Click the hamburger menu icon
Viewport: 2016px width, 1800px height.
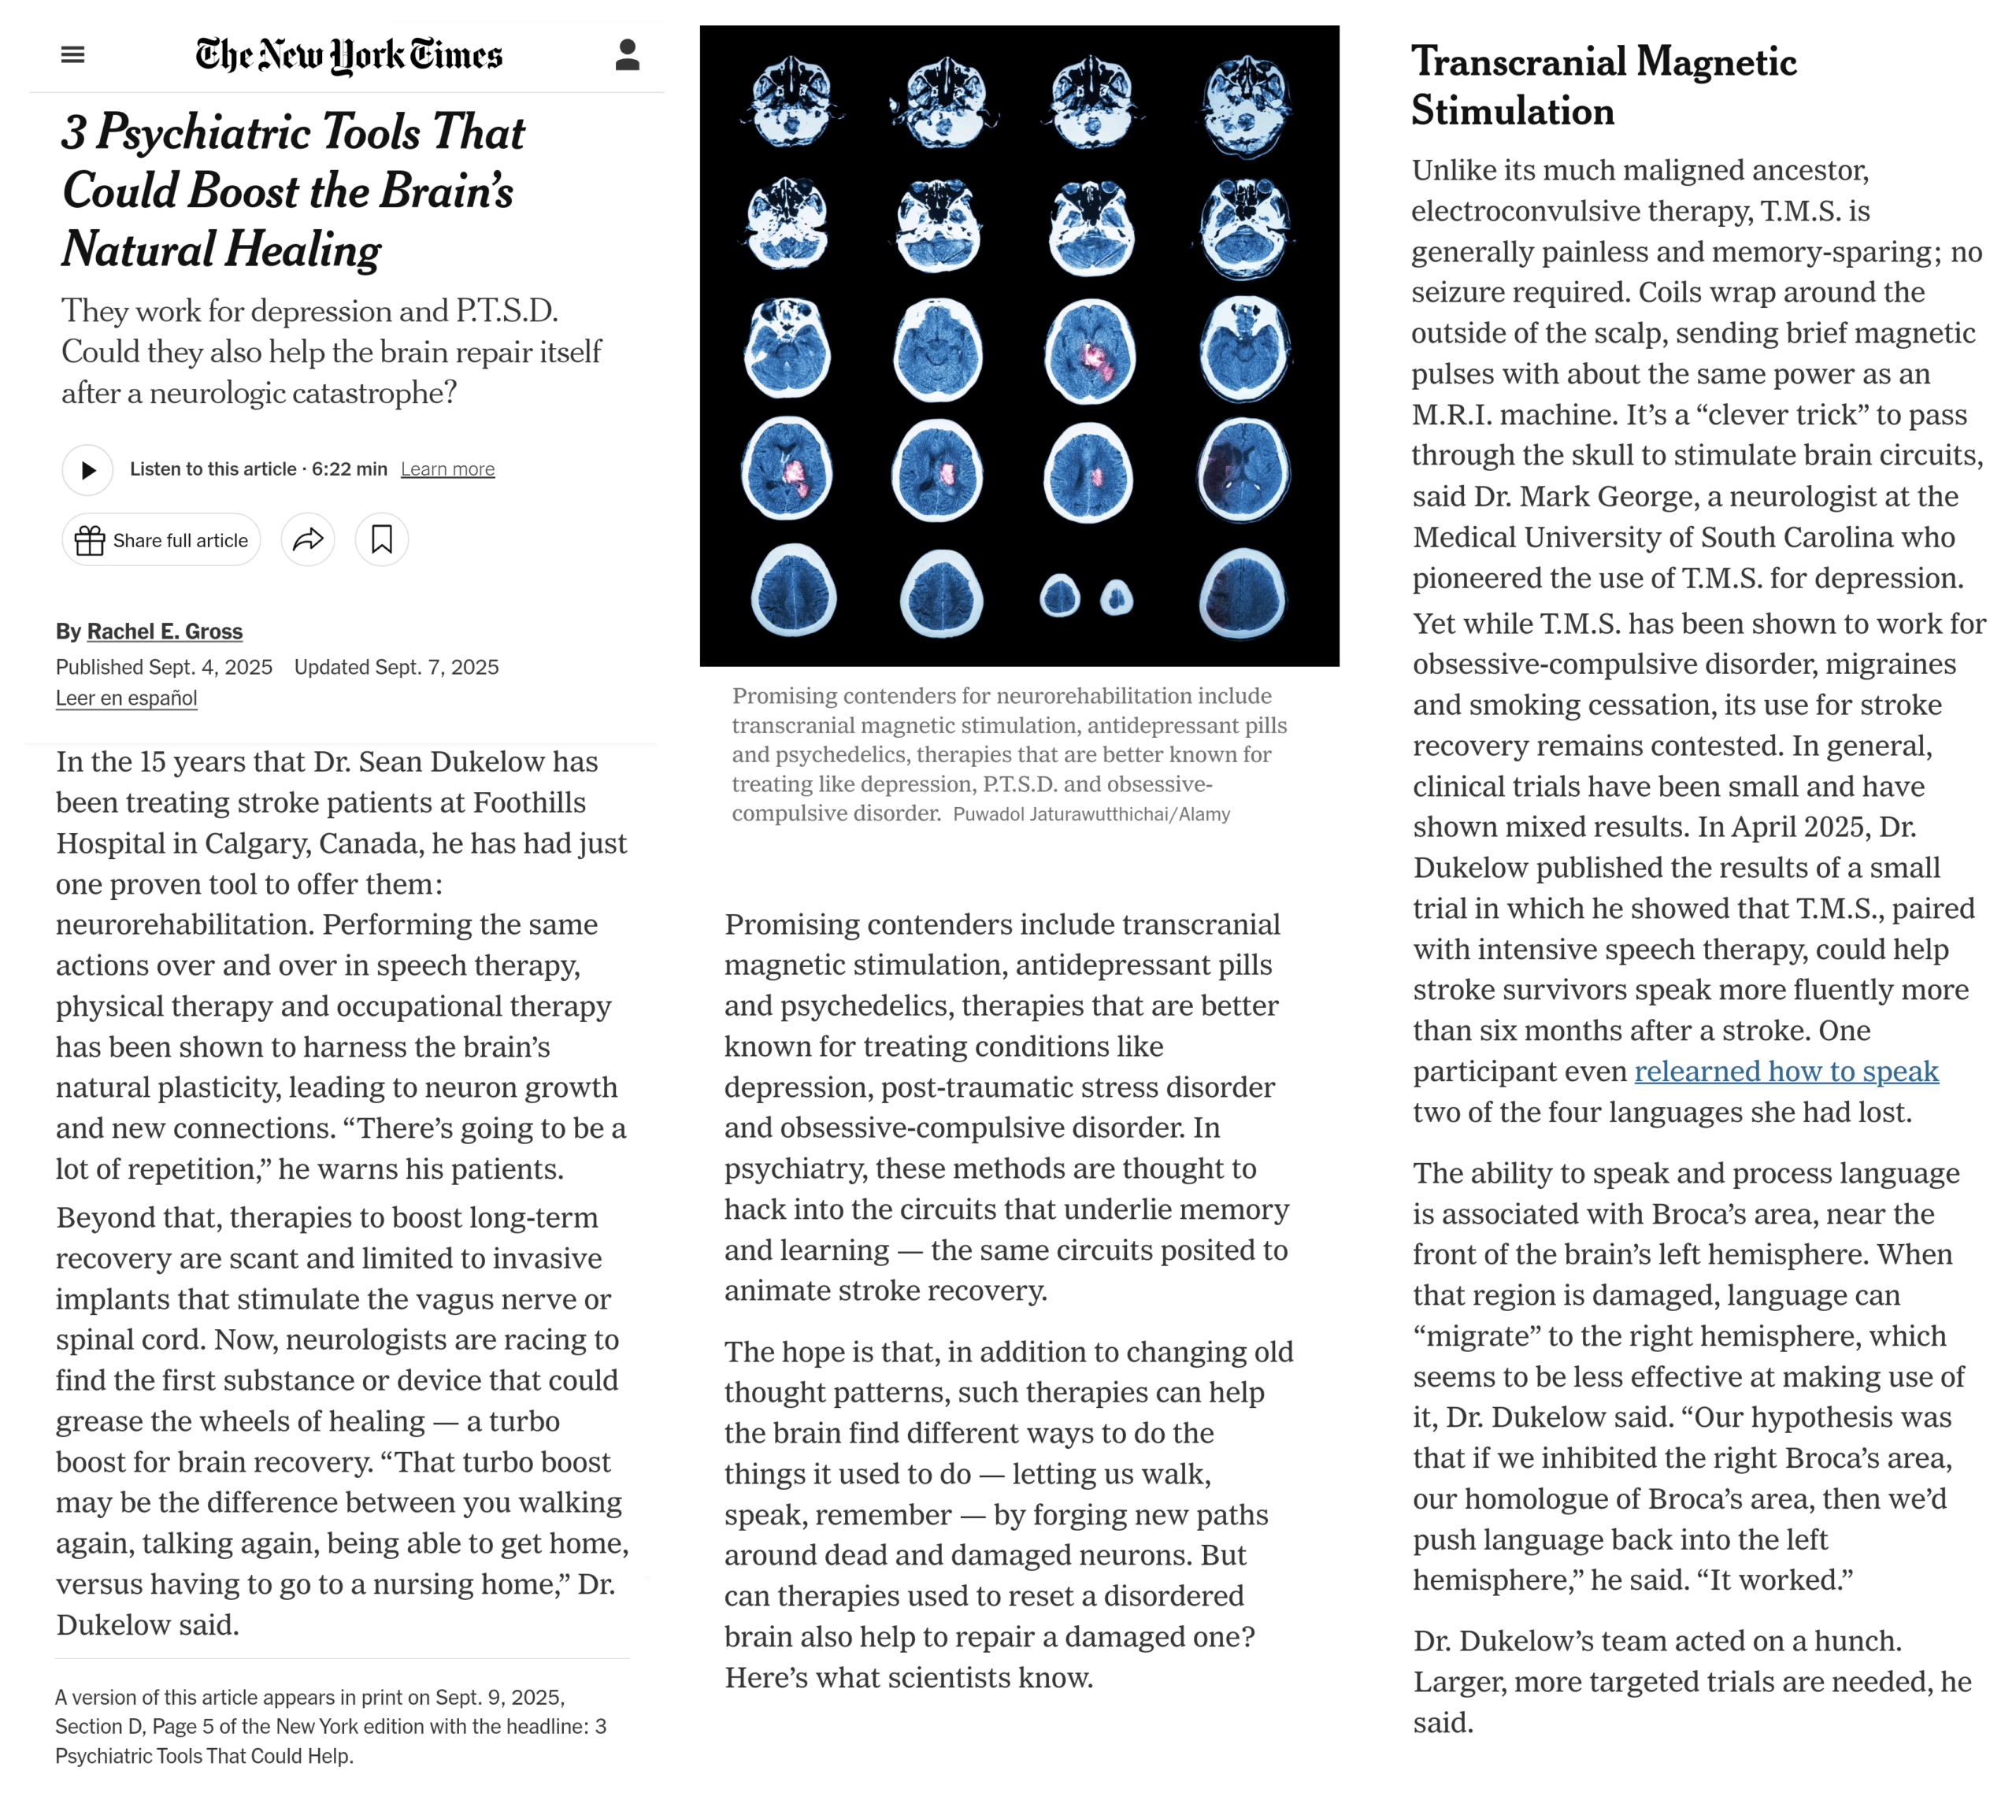(x=72, y=54)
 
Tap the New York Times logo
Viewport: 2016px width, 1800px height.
(x=348, y=55)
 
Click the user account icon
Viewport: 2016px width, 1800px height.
(x=627, y=54)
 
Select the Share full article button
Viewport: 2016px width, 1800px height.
(x=161, y=540)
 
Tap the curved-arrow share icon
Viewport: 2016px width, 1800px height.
(x=308, y=540)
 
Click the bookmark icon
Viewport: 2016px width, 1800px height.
(x=382, y=540)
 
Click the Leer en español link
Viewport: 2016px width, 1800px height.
(x=126, y=698)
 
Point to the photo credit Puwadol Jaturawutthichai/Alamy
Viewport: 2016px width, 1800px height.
(x=1091, y=814)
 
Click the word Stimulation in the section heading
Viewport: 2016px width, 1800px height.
(x=1513, y=111)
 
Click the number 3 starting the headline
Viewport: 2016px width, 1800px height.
(x=74, y=131)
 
